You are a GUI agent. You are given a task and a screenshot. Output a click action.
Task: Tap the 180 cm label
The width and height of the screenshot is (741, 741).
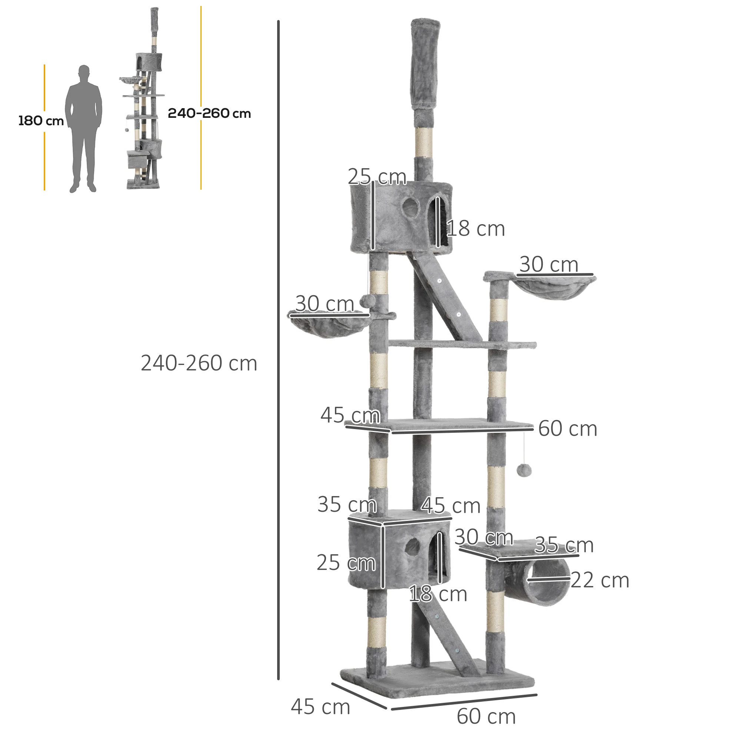coord(41,121)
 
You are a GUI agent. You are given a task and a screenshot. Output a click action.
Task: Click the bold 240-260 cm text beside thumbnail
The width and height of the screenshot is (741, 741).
coord(209,113)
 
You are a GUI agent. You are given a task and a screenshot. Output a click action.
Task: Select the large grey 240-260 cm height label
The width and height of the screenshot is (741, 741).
coord(199,363)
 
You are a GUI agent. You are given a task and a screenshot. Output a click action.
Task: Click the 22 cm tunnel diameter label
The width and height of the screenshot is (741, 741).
coord(600,580)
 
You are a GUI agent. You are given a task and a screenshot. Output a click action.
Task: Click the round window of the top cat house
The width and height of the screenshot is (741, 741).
coord(411,207)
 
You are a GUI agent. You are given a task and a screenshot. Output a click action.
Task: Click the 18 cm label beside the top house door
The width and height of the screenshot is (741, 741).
coord(476,229)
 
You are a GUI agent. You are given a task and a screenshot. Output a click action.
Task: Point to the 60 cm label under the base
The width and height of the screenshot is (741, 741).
coord(486,717)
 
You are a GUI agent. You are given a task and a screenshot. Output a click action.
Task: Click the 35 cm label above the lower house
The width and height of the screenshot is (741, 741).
coord(347,504)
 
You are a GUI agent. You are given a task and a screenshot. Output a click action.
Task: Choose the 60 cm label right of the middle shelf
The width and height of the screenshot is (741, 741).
coord(567,428)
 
